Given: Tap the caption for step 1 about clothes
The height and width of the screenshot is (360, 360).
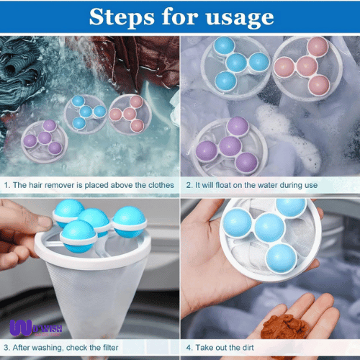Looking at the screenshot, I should click(90, 185).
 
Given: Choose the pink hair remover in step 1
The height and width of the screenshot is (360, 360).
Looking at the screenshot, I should click(129, 114).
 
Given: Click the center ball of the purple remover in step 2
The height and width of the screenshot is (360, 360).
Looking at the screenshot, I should click(230, 147).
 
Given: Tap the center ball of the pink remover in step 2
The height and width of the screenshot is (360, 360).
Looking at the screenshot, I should click(307, 66).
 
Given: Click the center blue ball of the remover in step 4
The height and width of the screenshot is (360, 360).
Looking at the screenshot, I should click(269, 230).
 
